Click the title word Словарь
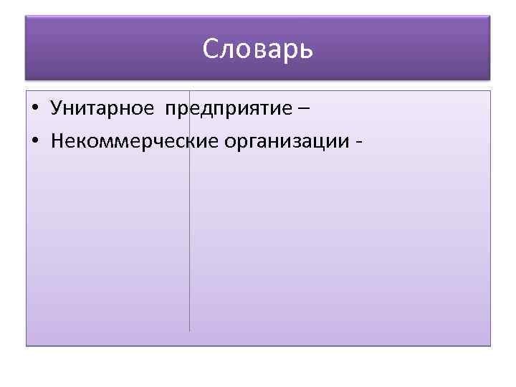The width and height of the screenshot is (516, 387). [258, 49]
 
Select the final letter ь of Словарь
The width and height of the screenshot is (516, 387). [307, 49]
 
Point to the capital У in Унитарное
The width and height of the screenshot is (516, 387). [57, 108]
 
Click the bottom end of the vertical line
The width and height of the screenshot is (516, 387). [189, 330]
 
